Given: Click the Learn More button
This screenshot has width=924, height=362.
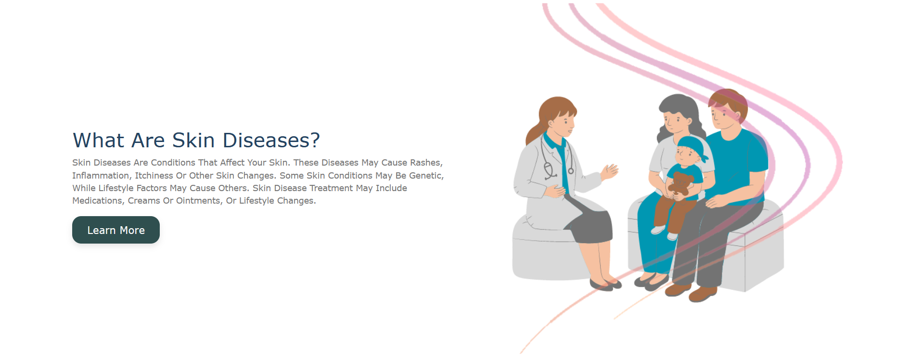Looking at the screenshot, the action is [x=116, y=230].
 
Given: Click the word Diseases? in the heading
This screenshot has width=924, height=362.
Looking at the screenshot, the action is [x=271, y=141].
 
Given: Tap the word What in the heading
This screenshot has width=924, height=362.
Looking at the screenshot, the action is [x=99, y=141].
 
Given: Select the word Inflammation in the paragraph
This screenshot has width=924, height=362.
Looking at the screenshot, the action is [x=101, y=176].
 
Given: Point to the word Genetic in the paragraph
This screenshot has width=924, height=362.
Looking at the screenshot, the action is [x=425, y=176].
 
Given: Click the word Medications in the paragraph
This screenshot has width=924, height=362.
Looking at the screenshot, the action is [x=97, y=201].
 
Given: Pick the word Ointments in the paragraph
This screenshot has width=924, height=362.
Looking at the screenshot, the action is [x=198, y=201].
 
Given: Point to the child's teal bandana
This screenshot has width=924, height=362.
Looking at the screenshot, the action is [x=693, y=147].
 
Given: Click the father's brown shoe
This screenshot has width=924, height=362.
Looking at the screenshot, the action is [x=703, y=294].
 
